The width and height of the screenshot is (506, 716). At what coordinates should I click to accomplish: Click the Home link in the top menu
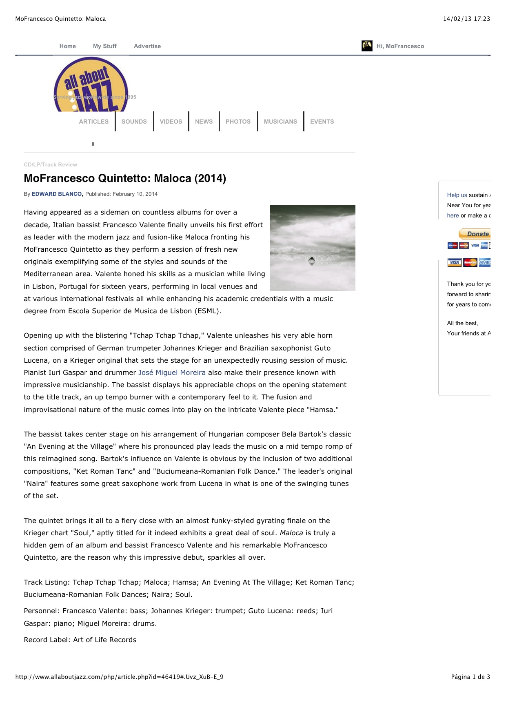point(67,46)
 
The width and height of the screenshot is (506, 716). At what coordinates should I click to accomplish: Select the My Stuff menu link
point(104,46)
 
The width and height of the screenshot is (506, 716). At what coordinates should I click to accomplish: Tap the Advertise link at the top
point(147,46)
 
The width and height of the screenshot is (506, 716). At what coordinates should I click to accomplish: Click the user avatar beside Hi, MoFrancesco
point(367,46)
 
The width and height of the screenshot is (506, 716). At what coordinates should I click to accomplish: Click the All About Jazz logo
point(91,85)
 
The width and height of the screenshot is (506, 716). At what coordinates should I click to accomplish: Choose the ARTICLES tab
point(93,122)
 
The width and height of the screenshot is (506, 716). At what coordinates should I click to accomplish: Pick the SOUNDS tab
point(134,122)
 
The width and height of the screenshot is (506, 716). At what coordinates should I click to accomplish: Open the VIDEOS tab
point(171,122)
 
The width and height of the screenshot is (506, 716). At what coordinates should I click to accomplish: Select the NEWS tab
point(204,122)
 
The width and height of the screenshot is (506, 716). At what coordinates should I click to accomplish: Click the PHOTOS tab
point(238,122)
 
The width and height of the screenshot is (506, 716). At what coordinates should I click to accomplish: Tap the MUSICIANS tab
point(280,122)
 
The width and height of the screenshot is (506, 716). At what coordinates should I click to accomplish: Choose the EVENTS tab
point(322,122)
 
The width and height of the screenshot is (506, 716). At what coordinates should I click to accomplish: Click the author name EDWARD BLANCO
point(57,194)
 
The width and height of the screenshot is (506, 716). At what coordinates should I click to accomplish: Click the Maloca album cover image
point(313,248)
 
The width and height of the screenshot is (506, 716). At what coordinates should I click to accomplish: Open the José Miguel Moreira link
point(172,372)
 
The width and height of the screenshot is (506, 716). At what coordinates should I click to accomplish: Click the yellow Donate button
point(475,234)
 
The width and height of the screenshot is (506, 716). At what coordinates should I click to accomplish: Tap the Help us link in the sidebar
point(457,195)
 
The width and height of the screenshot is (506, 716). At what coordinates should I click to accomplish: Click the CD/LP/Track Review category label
point(50,165)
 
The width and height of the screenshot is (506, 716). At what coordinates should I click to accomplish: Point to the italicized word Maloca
point(291,533)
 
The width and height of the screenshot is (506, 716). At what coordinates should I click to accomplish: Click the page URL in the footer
point(119,677)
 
